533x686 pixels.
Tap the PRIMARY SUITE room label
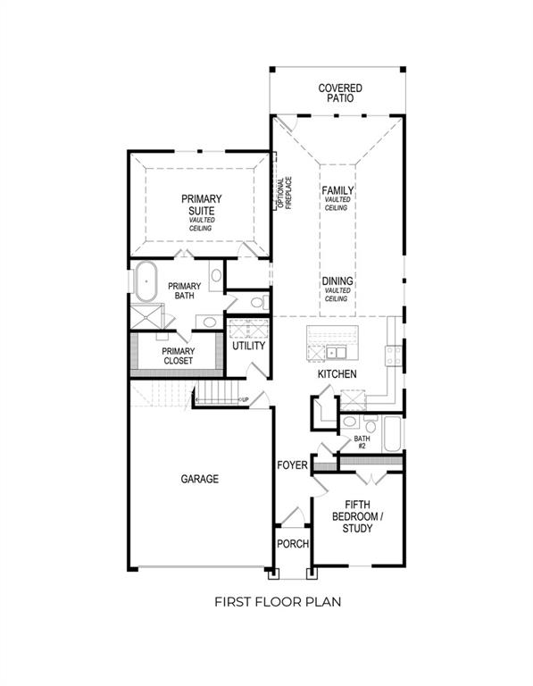[x=202, y=204]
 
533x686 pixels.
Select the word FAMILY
[x=337, y=190]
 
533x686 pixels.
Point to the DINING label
[x=337, y=281]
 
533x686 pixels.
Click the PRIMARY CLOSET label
[x=178, y=356]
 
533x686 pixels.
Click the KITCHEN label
[x=337, y=374]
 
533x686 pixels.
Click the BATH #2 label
[x=362, y=443]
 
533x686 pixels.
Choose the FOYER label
[x=292, y=465]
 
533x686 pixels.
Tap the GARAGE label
[x=199, y=480]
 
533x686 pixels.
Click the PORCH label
[x=292, y=544]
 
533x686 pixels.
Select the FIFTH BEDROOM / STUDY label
[x=357, y=523]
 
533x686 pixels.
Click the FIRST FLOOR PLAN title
[x=277, y=602]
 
